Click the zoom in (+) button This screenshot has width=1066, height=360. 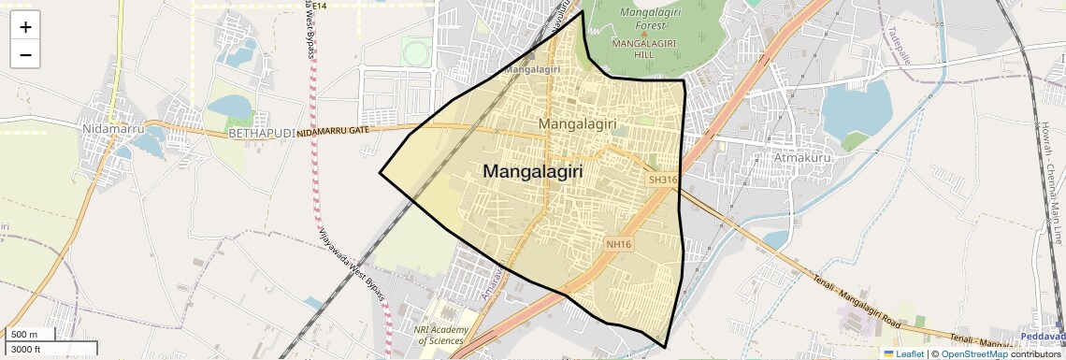(x=25, y=27)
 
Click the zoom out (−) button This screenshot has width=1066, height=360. (x=25, y=55)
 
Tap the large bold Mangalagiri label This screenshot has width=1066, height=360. (x=533, y=172)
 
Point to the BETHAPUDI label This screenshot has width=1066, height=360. (x=261, y=134)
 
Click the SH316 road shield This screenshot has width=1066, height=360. (x=662, y=179)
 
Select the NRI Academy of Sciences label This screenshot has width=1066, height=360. (x=439, y=335)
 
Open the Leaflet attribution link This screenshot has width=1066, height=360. (x=903, y=354)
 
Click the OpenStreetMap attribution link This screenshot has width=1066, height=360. (x=973, y=354)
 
